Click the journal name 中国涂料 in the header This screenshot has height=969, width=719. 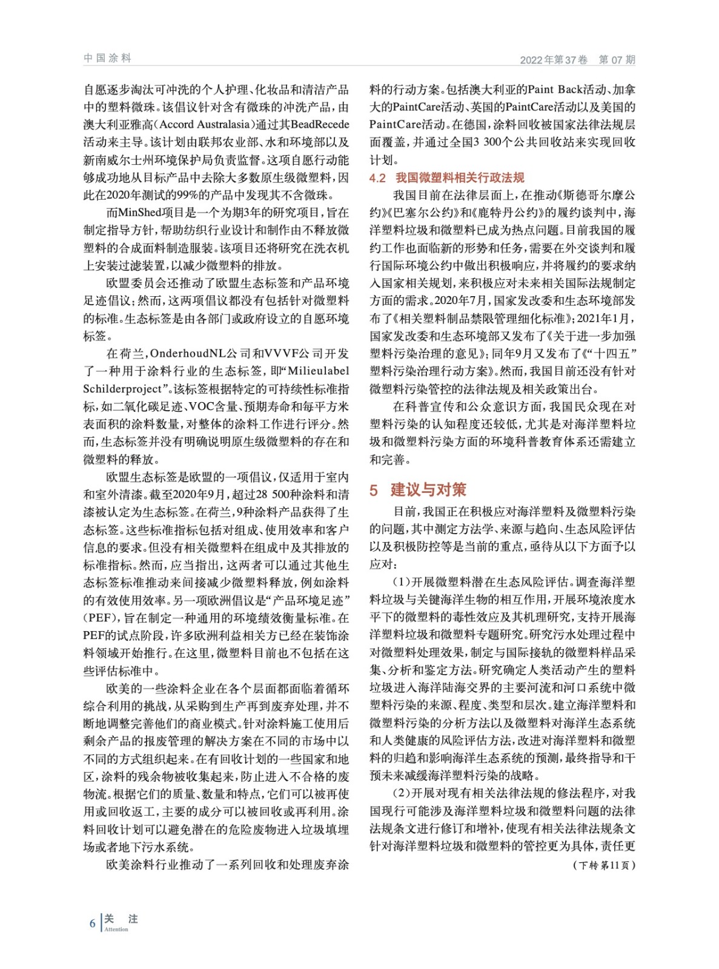pos(107,58)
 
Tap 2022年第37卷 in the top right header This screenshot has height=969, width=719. pos(554,59)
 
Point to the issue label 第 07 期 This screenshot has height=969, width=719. pos(617,59)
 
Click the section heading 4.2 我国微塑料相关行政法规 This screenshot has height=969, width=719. pos(446,177)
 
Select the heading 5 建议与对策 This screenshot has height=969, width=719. pos(418,489)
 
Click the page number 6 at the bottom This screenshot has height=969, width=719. pos(92,923)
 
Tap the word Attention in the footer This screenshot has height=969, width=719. pos(116,929)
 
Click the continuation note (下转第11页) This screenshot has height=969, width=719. pos(604,865)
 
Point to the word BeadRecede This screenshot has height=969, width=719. pos(320,125)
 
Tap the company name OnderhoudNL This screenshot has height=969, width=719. pos(193,354)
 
